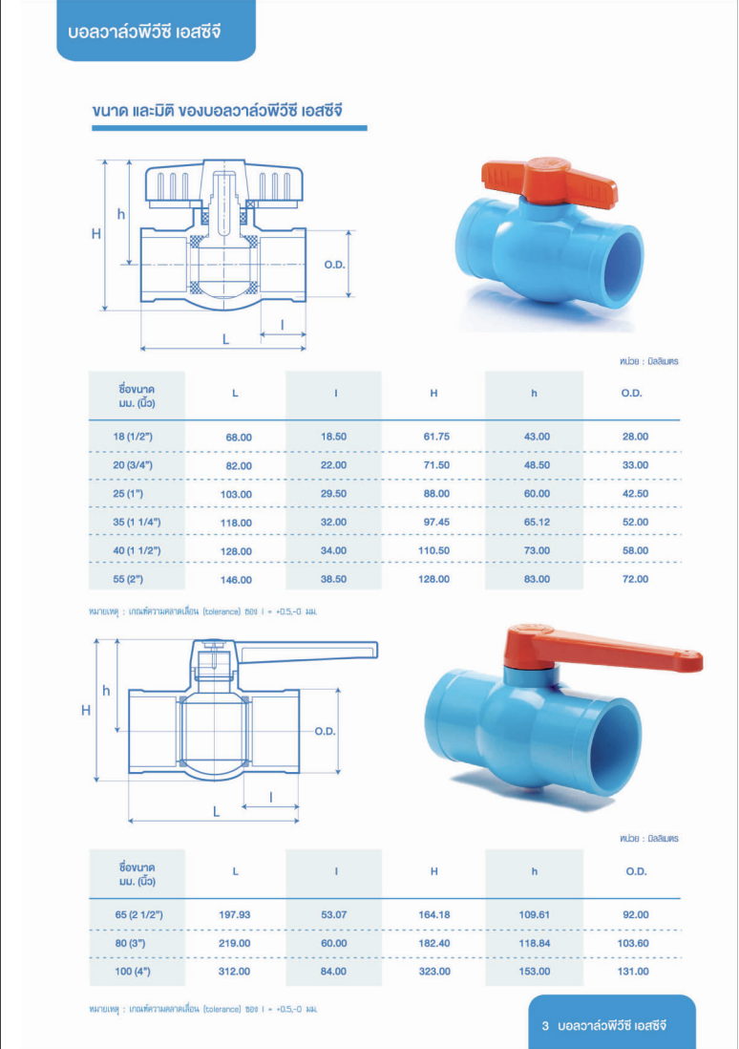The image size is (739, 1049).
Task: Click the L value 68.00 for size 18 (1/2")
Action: point(239,438)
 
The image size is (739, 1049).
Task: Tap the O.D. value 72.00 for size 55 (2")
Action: point(635,579)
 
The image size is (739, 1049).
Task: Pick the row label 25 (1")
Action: point(128,494)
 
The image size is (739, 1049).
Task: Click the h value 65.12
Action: point(537,522)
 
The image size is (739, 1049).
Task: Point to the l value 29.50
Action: point(334,494)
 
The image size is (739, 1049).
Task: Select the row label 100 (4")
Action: point(133,971)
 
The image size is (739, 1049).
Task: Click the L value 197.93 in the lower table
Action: point(235,914)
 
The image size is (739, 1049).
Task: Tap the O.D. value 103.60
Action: point(633,943)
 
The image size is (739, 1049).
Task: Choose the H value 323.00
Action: point(434,971)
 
